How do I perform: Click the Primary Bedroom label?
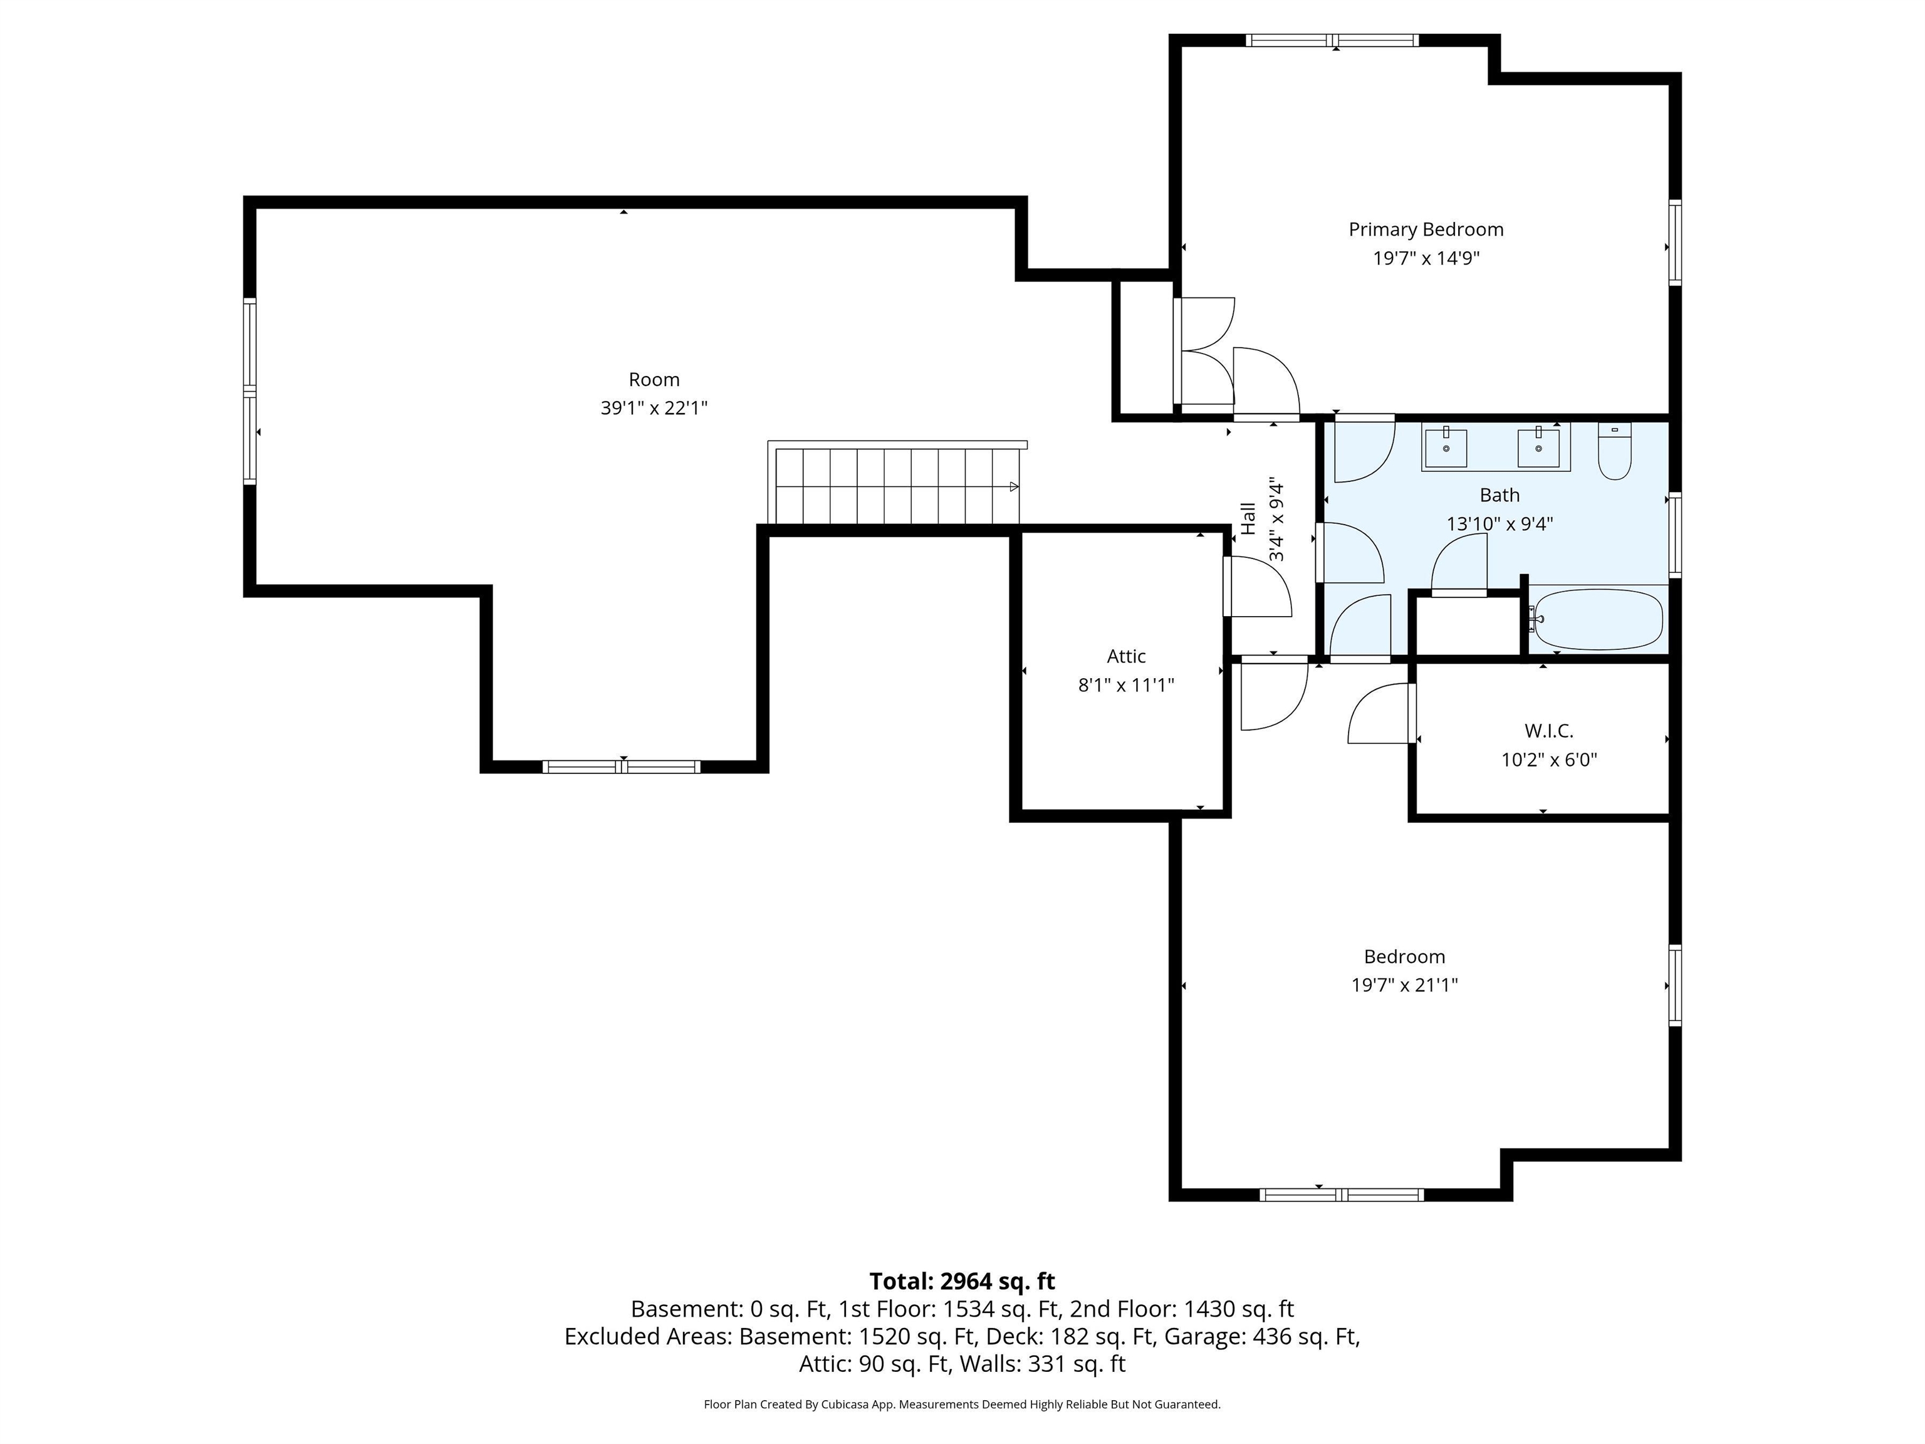point(1426,230)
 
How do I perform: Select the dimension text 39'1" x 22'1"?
point(654,408)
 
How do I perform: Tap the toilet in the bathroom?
point(1614,453)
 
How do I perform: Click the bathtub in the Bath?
point(1599,620)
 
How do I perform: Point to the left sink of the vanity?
point(1446,448)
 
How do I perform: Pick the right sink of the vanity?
point(1538,448)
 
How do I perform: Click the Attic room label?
point(1126,656)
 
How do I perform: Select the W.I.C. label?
point(1548,731)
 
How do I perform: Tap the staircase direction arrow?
point(1014,486)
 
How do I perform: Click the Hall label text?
point(1249,519)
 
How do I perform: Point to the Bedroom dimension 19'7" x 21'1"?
point(1404,985)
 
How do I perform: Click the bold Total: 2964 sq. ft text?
point(962,1281)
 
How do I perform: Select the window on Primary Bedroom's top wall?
point(1332,40)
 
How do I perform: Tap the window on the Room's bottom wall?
point(622,767)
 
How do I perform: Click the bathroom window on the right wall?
point(1674,535)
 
